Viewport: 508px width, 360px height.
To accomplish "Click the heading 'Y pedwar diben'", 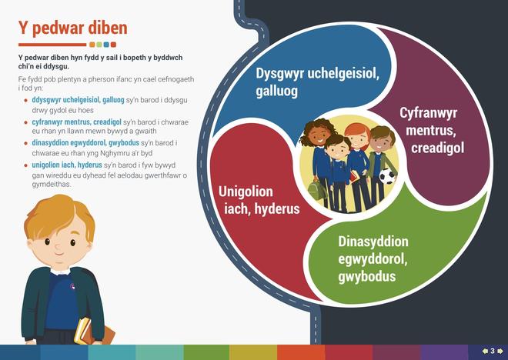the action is coord(73,28).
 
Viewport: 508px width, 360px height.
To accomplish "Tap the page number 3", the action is coord(493,351).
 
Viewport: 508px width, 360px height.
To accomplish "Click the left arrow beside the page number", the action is coord(486,351).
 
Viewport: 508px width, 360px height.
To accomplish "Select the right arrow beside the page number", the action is coord(500,351).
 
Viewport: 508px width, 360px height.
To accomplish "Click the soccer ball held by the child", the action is coord(387,176).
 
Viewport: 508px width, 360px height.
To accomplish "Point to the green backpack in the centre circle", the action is coord(317,190).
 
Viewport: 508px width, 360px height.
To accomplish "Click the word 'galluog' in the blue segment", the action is coord(276,90).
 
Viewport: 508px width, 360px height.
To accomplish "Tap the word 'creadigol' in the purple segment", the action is coord(438,148).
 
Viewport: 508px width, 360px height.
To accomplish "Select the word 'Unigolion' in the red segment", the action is coord(246,192).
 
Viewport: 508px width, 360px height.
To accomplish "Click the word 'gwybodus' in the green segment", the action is coord(366,276).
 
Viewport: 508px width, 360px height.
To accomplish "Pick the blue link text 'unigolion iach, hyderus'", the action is coord(67,165).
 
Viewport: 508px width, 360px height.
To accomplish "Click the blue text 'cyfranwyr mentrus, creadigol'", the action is coord(76,122).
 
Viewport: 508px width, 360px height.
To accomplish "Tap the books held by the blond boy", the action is coord(93,332).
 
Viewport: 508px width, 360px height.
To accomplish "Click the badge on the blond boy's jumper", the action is coord(72,286).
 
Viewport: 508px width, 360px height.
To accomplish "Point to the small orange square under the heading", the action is coord(92,45).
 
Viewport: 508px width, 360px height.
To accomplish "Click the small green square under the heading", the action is coord(99,45).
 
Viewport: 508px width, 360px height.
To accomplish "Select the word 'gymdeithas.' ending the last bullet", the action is coord(52,185).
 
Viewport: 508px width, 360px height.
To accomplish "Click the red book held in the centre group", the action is coord(354,176).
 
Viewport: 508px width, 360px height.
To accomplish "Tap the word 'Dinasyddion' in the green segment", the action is coord(373,242).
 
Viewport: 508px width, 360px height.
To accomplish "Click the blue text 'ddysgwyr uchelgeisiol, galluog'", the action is coord(78,100).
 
